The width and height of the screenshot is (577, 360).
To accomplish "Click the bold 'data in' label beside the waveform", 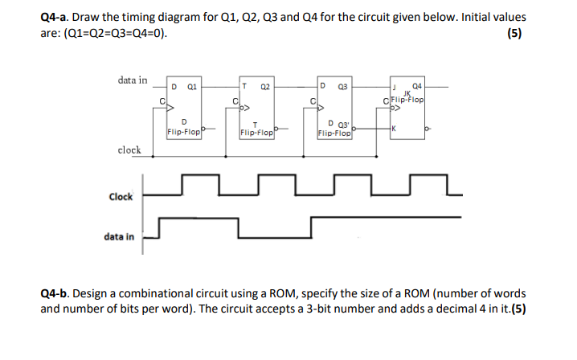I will pos(119,237).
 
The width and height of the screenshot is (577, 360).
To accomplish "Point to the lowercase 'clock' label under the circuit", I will pos(129,150).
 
